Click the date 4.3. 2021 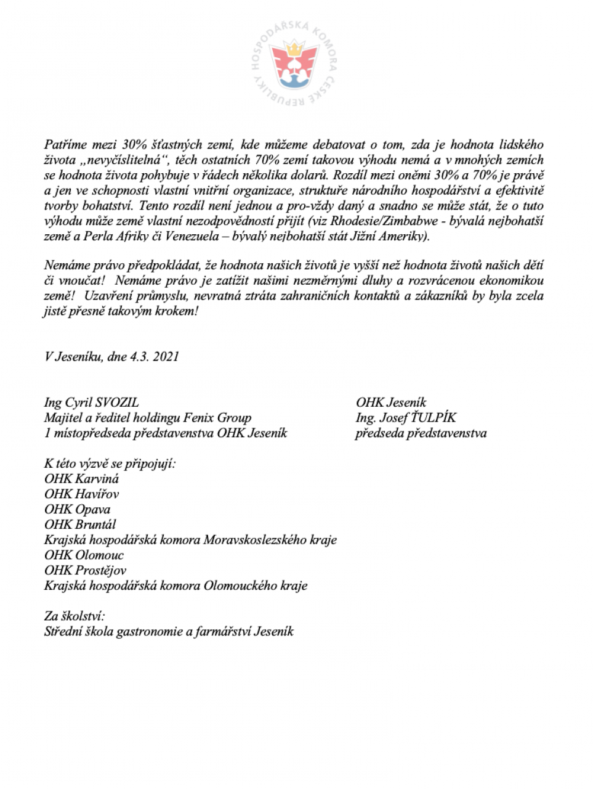pyautogui.click(x=154, y=357)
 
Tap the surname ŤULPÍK pyautogui.click(x=435, y=418)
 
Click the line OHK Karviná pyautogui.click(x=82, y=479)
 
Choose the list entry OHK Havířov pyautogui.click(x=82, y=494)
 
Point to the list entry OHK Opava pyautogui.click(x=78, y=510)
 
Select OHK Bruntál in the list pyautogui.click(x=80, y=525)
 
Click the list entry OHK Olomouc pyautogui.click(x=84, y=555)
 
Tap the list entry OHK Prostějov pyautogui.click(x=85, y=571)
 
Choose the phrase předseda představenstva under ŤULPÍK pyautogui.click(x=421, y=433)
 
